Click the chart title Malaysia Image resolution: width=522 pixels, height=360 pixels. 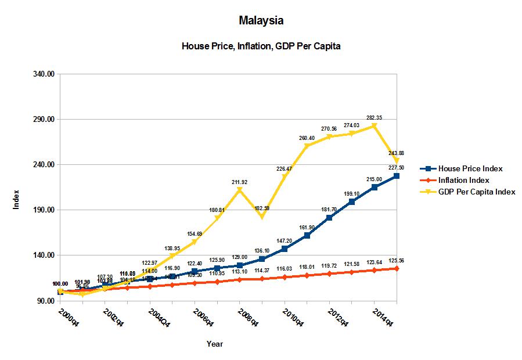[x=261, y=21]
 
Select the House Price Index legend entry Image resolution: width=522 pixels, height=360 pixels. [x=470, y=168]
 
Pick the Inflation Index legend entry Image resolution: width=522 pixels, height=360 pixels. [x=463, y=180]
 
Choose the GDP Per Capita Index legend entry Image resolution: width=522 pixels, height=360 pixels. [x=477, y=192]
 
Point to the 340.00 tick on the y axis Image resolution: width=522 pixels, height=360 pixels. [x=43, y=74]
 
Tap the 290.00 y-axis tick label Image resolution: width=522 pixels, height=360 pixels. [x=43, y=120]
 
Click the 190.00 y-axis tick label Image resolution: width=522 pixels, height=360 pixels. [x=43, y=210]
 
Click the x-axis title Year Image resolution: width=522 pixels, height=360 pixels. [x=214, y=344]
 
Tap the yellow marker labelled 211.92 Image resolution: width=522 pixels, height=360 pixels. [x=240, y=190]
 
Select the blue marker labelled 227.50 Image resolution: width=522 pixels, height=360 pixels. [x=397, y=176]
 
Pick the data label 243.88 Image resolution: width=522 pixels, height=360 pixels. [x=397, y=153]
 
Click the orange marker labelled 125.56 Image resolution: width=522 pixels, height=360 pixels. [x=397, y=269]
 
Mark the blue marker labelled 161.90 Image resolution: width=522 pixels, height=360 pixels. [x=307, y=236]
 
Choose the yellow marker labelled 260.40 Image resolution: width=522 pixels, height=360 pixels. [x=307, y=146]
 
